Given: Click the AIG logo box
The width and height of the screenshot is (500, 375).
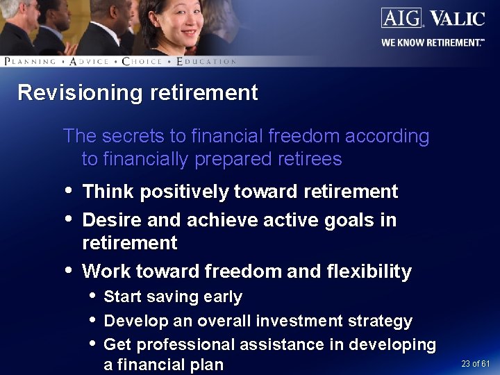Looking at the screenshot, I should click(x=402, y=17).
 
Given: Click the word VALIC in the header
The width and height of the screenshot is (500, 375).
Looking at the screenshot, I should click(x=457, y=18).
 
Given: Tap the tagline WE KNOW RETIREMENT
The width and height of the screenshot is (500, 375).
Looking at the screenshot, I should click(x=432, y=42).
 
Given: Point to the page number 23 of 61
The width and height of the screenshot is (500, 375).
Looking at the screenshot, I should click(x=476, y=363).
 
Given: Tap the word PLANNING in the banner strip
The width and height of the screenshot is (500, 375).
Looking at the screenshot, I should click(x=30, y=62).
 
